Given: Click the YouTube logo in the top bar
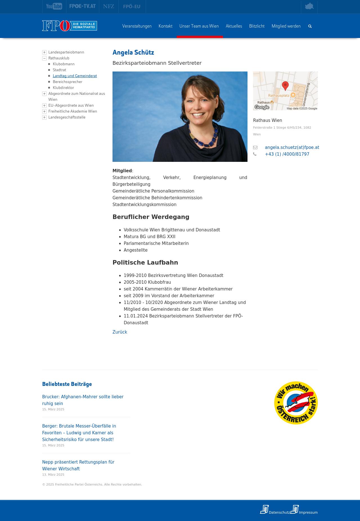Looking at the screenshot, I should coord(54,6).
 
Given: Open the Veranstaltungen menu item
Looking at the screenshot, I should coord(137,26).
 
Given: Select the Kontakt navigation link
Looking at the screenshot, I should coord(165,26).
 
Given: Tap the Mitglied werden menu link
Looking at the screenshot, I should coord(286,26).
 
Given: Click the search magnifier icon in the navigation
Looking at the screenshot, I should coord(310,26).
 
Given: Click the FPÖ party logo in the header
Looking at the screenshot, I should coord(69,26).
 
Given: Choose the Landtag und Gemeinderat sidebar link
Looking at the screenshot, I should coord(75,76).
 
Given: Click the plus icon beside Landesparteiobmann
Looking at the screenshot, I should coord(44,52).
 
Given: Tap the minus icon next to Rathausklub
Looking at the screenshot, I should coord(44,58).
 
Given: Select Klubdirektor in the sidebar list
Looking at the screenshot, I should coord(63,88).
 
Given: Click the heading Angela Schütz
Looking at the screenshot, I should coord(133,52).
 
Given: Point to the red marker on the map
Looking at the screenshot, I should coord(285,85).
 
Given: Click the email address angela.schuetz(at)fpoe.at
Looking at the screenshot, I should coord(292,147).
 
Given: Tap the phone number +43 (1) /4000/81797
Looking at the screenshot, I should coord(287,154).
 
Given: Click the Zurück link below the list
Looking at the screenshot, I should coord(120,332).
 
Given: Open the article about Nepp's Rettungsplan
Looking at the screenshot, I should coord(78,465).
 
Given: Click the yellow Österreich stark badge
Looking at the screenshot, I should coord(296,403).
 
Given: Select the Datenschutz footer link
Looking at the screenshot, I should coord(279,512).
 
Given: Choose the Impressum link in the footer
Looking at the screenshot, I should coord(308,512).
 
